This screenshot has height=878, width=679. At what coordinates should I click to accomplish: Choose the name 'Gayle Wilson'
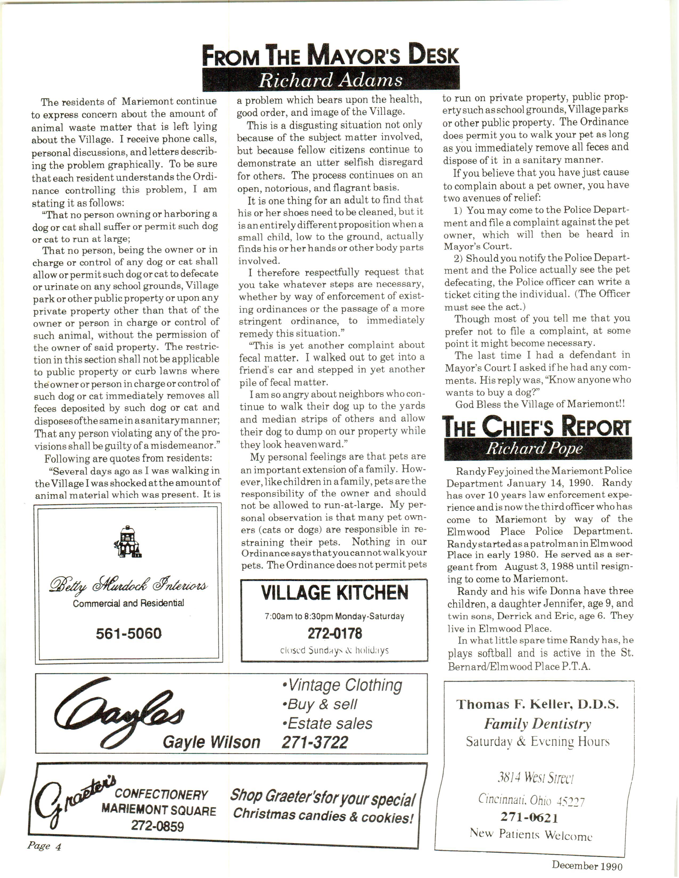(x=212, y=742)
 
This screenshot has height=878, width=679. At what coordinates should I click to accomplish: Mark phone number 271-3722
(x=314, y=742)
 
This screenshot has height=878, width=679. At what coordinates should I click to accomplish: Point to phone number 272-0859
(x=157, y=826)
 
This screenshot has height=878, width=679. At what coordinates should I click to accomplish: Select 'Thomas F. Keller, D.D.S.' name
(x=537, y=704)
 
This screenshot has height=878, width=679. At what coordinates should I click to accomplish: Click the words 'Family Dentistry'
(x=537, y=724)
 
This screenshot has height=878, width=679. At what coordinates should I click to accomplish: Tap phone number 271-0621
(x=529, y=817)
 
